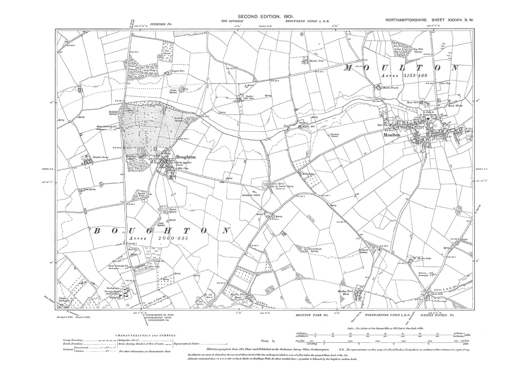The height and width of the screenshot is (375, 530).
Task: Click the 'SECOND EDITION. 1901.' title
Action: pyautogui.click(x=265, y=16)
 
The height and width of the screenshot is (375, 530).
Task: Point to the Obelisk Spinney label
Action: pyautogui.click(x=173, y=211)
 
